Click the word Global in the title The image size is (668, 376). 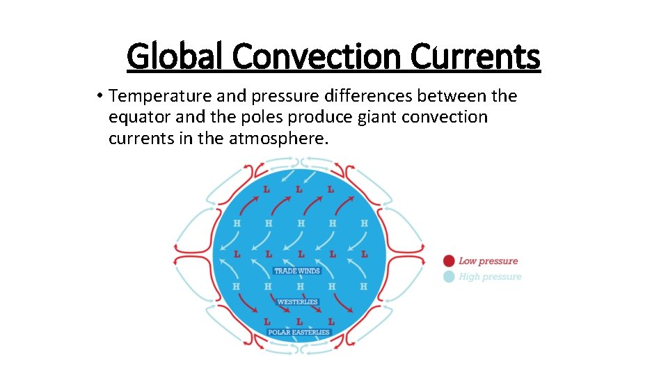[176, 57]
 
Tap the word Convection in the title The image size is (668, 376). [317, 57]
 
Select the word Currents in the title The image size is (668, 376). [475, 57]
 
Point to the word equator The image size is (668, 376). [137, 117]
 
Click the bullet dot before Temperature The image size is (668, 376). [101, 96]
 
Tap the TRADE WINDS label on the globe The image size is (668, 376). [297, 271]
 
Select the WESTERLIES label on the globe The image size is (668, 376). [297, 302]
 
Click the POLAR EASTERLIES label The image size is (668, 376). [299, 333]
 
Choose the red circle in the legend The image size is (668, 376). [449, 261]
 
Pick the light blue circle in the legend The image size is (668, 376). [449, 276]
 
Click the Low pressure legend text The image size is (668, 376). [488, 261]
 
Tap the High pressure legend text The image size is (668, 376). [490, 276]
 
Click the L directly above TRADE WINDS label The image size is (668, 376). [300, 254]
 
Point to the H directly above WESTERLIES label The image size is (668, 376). [300, 286]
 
